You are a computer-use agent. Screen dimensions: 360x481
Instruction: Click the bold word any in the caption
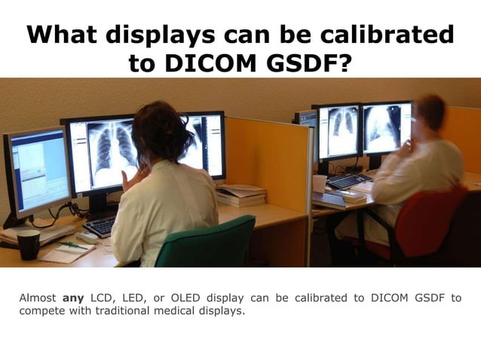point(73,297)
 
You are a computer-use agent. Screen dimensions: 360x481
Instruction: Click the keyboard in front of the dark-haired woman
point(101,226)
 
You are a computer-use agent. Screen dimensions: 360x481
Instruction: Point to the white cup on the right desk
point(320,183)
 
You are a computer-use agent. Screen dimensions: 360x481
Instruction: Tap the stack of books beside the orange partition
point(240,196)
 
